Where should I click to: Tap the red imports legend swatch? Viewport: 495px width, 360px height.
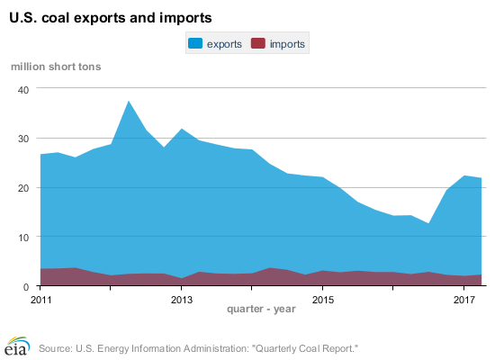click(259, 43)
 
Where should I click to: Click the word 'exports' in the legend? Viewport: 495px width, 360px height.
click(224, 43)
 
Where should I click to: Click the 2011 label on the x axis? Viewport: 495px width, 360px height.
click(40, 299)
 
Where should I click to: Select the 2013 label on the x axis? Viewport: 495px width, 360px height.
click(182, 299)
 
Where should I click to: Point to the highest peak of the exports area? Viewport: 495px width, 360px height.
click(129, 101)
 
